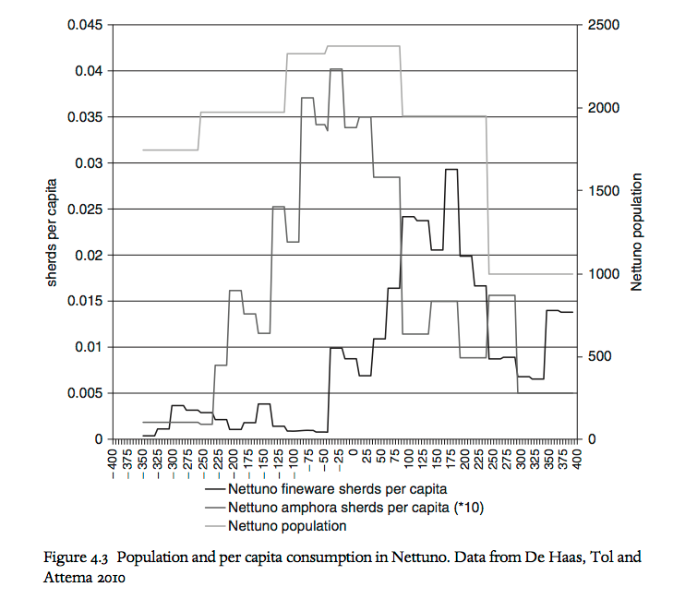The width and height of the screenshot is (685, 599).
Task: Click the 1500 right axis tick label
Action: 599,191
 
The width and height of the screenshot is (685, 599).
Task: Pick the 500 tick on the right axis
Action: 595,356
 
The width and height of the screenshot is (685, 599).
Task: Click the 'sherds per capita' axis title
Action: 53,232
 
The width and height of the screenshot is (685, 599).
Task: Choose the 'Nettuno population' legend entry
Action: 287,526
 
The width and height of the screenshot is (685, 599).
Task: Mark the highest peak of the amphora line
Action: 336,69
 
